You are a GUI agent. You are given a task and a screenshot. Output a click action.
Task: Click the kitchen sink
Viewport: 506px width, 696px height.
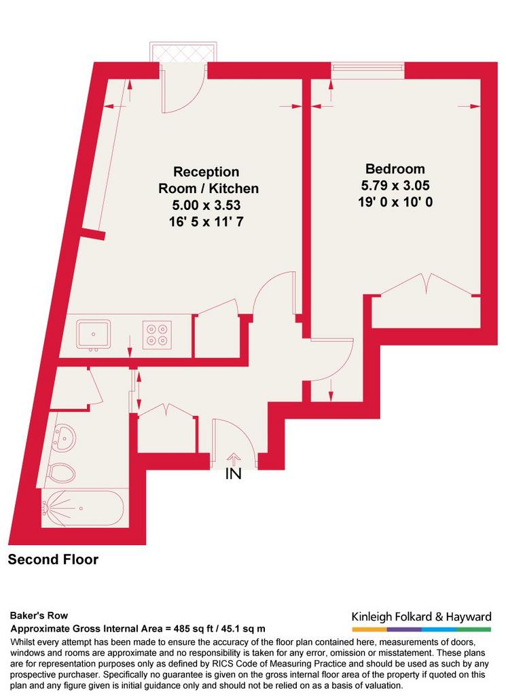(x=93, y=334)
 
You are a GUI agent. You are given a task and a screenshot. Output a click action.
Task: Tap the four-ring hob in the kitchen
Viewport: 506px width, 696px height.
(x=157, y=334)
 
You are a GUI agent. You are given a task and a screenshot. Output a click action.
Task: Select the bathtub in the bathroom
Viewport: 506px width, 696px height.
(x=85, y=508)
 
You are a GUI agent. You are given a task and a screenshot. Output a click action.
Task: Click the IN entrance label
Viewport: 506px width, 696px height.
(x=233, y=474)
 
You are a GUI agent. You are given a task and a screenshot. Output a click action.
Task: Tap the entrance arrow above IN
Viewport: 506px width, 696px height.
(x=233, y=459)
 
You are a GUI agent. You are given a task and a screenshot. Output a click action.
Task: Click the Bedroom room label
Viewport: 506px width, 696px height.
(x=395, y=169)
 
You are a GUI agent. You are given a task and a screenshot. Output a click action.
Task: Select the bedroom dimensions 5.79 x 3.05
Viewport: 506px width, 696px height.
(x=395, y=185)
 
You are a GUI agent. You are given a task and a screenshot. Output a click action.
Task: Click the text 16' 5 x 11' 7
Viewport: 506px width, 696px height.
(x=206, y=222)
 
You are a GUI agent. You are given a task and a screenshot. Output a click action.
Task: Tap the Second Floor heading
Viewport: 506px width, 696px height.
(x=53, y=559)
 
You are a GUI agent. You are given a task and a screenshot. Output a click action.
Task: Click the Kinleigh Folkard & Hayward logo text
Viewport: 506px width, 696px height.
(x=421, y=616)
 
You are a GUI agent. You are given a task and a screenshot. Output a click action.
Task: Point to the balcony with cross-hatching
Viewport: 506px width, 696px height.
(x=183, y=53)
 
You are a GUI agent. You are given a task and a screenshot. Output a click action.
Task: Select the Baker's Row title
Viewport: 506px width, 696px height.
(x=39, y=616)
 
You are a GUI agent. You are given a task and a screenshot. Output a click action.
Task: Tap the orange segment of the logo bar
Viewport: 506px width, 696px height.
(x=369, y=629)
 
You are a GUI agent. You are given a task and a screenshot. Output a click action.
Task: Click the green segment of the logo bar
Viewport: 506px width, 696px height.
(x=473, y=629)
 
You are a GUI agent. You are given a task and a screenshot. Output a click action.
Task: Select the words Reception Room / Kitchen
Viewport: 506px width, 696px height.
(x=209, y=179)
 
